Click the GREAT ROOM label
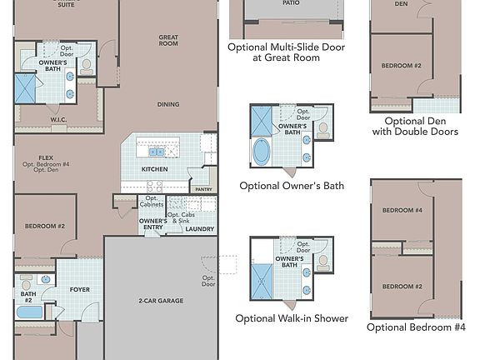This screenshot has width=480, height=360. click(x=169, y=41)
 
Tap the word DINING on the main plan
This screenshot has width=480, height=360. click(x=169, y=104)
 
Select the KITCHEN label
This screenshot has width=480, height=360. click(x=154, y=169)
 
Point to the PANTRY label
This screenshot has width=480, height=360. click(x=202, y=190)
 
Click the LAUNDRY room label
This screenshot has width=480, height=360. click(x=200, y=229)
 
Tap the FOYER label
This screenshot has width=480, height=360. click(x=80, y=290)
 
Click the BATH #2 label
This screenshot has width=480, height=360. click(x=28, y=297)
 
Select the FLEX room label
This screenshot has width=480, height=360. click(x=46, y=157)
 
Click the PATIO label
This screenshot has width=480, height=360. click(x=290, y=3)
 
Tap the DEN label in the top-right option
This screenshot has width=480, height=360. click(x=401, y=4)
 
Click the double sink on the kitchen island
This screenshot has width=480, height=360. click(x=156, y=152)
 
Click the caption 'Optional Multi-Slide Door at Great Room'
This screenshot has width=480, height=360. click(x=286, y=52)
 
